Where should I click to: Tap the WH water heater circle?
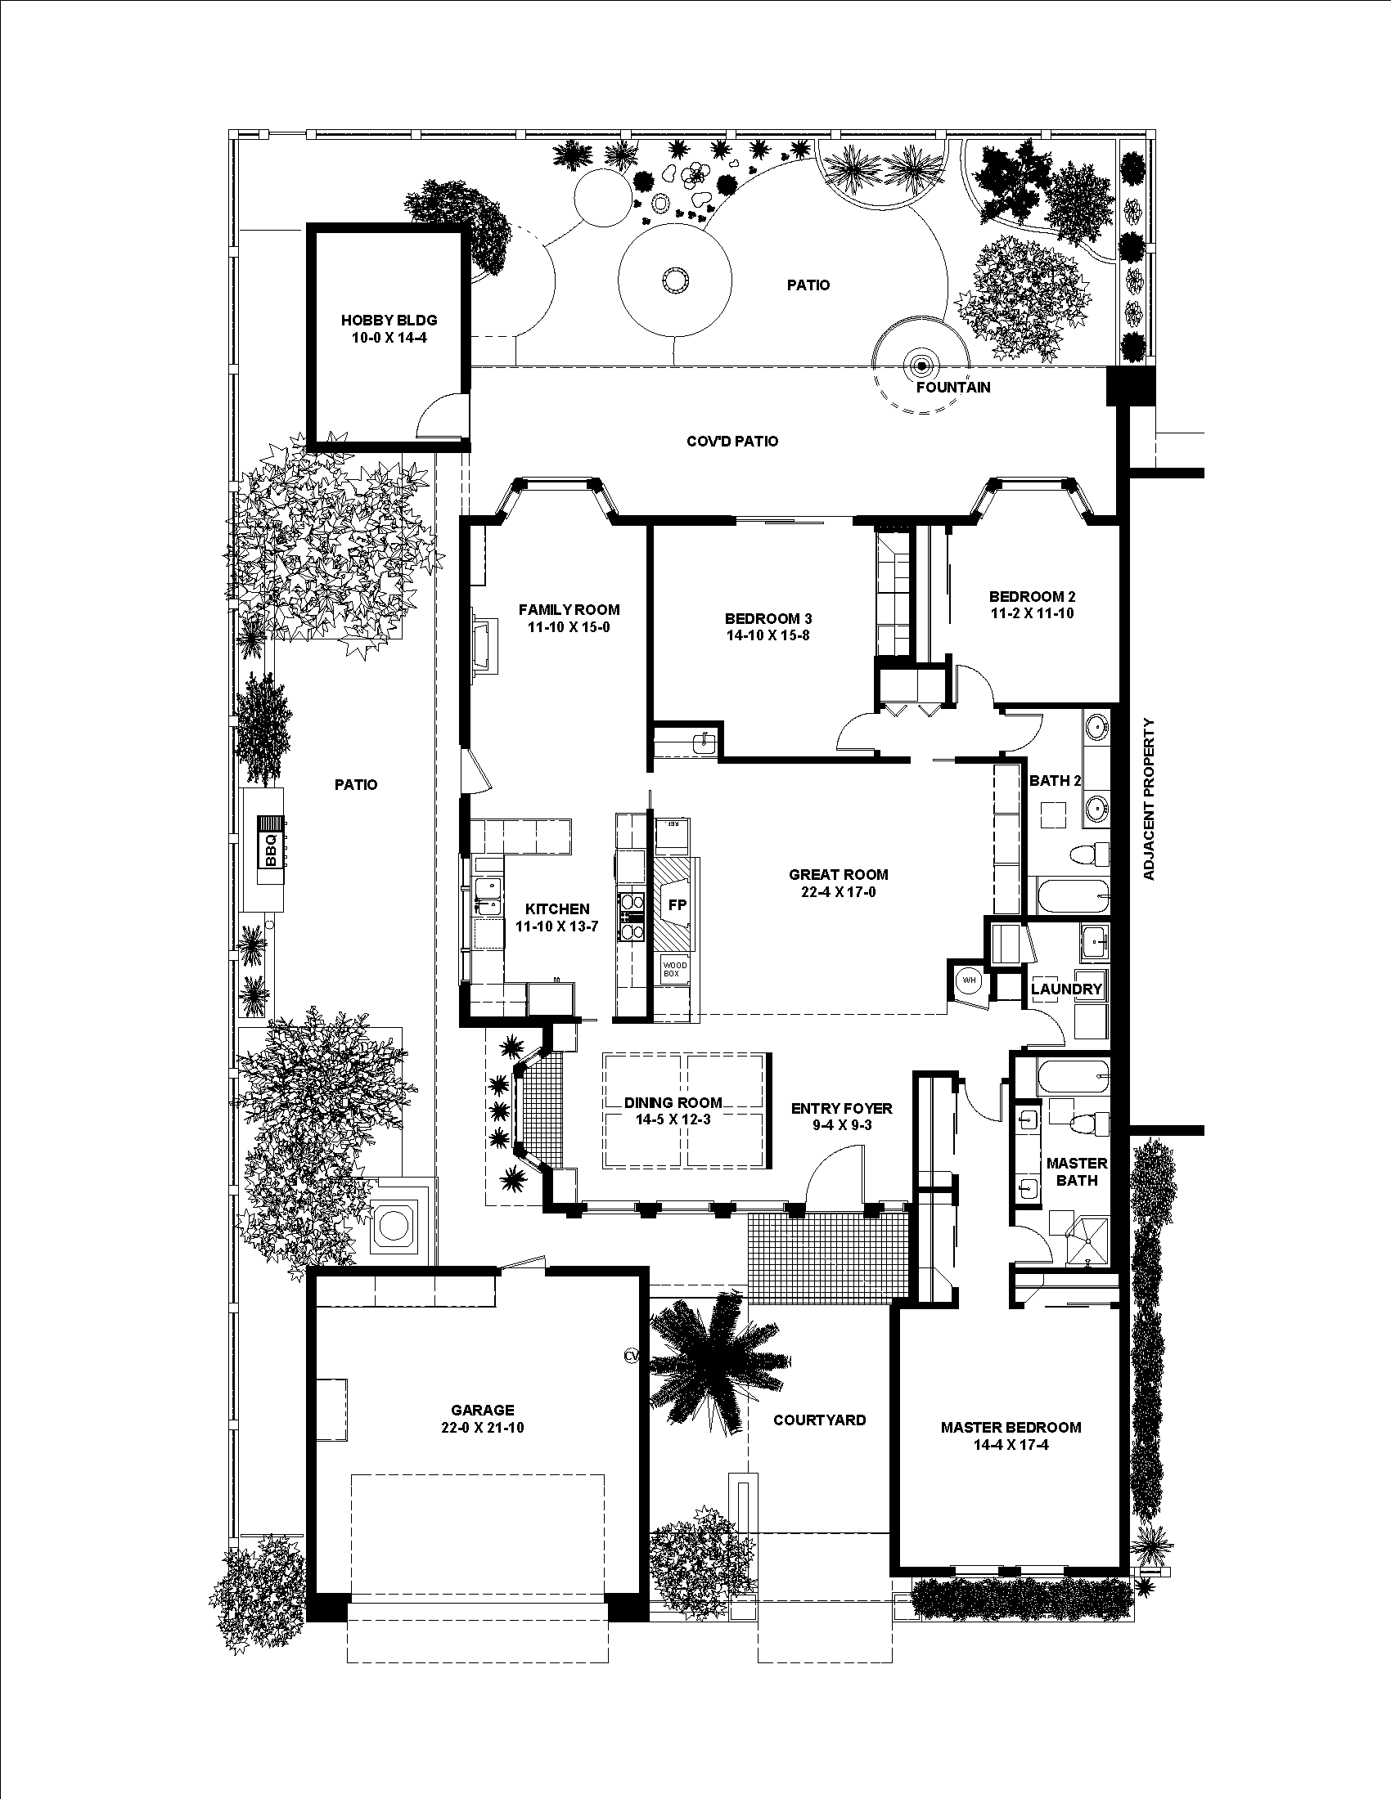point(968,981)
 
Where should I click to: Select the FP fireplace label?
point(677,904)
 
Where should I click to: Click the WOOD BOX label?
point(674,969)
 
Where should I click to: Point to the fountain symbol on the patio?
point(921,365)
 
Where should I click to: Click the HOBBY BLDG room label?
point(389,321)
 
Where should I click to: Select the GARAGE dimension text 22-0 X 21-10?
point(482,1428)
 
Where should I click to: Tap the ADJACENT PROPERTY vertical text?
point(1150,799)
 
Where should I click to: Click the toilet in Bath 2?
point(1089,855)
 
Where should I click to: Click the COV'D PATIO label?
point(732,442)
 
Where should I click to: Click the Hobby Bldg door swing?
point(441,416)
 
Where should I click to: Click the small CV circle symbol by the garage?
point(632,1354)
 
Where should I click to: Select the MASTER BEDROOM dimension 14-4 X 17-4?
point(1011,1445)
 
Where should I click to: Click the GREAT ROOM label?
point(838,875)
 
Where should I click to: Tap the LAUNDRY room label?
point(1066,989)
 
